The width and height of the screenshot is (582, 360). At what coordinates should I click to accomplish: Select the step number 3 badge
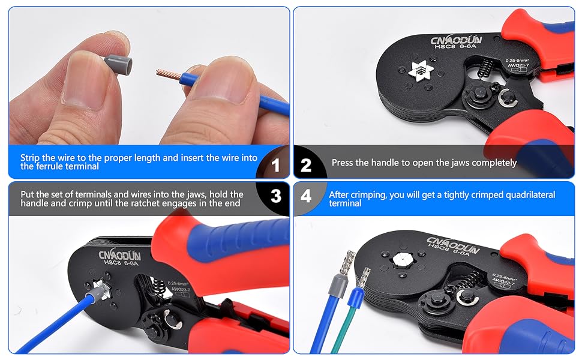(275, 196)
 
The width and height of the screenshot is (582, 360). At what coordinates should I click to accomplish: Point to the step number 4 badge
(306, 196)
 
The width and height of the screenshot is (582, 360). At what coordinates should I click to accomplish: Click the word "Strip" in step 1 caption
(30, 158)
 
